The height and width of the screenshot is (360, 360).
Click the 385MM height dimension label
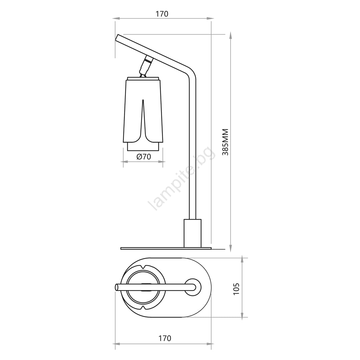tap(225, 142)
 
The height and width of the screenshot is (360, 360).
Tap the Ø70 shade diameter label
tap(143, 157)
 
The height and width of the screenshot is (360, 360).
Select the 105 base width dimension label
tap(236, 289)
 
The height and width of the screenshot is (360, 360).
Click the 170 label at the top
tap(162, 14)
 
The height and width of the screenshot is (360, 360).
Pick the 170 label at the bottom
tap(165, 338)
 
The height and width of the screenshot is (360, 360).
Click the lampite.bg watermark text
tap(181, 179)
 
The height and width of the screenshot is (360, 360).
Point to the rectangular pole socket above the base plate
tap(193, 233)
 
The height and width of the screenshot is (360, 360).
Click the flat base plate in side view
tap(166, 248)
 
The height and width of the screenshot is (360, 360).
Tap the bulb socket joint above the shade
tap(145, 66)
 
